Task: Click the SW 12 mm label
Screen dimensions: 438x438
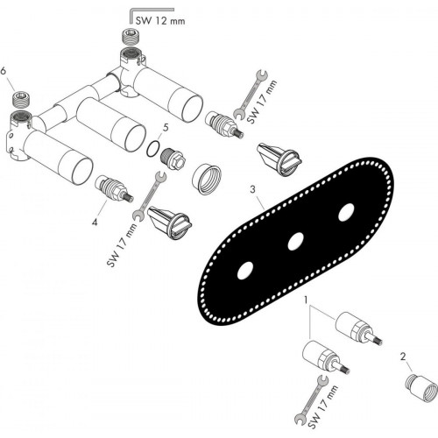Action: [160, 21]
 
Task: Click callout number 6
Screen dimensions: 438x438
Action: [4, 71]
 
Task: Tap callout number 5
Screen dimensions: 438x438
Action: [166, 128]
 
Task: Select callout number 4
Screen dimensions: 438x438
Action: [95, 223]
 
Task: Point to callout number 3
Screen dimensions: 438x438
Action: [252, 189]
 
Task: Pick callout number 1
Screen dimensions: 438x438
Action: [306, 300]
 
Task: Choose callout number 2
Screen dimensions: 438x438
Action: [403, 357]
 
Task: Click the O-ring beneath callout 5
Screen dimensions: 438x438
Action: [152, 149]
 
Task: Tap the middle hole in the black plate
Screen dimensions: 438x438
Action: [295, 242]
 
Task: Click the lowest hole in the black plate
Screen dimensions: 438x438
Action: [245, 271]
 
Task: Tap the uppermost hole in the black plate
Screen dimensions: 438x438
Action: [346, 212]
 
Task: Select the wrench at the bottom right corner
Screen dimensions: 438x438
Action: [312, 399]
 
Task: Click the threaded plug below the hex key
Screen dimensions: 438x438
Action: [130, 37]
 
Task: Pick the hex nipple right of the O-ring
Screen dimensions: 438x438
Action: [173, 158]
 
